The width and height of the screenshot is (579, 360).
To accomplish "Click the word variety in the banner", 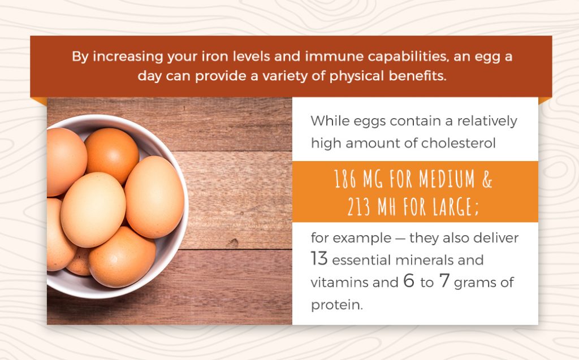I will (x=296, y=76).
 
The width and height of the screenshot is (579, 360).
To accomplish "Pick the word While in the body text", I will (x=329, y=121).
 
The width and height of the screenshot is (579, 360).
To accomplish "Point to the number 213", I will (x=360, y=206).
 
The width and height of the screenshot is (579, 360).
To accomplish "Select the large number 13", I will (x=319, y=259).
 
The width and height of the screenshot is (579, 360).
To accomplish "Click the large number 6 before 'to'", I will (x=408, y=281).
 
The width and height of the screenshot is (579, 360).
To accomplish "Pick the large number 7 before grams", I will (x=444, y=281).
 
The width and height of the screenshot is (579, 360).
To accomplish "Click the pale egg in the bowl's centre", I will (x=93, y=210).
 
